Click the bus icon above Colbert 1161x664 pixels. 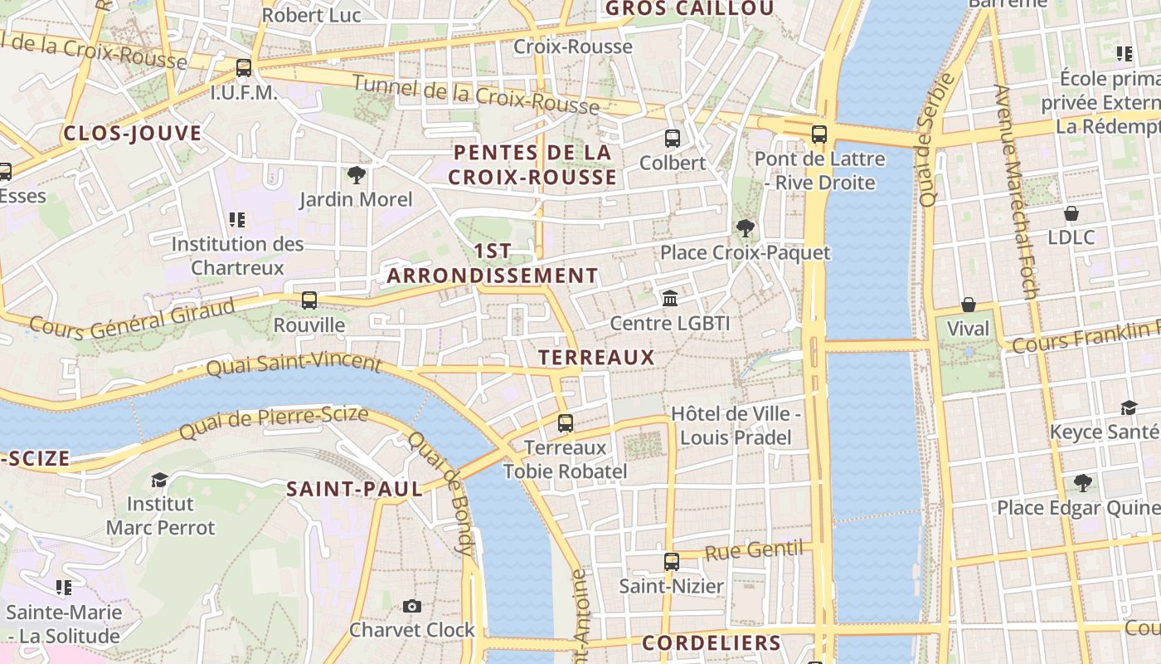click(673, 139)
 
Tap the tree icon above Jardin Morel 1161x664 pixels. click(356, 175)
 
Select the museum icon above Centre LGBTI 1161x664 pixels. click(670, 298)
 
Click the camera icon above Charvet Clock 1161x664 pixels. click(412, 606)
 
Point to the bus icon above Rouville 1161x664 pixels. click(309, 300)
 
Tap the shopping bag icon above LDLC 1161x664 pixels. click(1071, 213)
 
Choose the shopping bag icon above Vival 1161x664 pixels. click(968, 305)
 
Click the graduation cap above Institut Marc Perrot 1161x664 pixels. click(160, 480)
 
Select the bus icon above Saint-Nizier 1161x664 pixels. click(672, 562)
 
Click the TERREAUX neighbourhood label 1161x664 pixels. click(596, 358)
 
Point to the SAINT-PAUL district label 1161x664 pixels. click(355, 490)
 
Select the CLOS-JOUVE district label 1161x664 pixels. click(133, 134)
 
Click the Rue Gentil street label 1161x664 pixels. click(754, 549)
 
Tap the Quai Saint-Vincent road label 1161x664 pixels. click(294, 364)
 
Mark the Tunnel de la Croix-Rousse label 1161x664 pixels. click(476, 94)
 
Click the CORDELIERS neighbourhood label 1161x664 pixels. click(712, 643)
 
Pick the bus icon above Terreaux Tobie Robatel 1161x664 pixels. click(566, 423)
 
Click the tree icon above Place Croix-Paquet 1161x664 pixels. click(745, 228)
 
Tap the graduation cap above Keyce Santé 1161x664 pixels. click(1129, 408)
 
